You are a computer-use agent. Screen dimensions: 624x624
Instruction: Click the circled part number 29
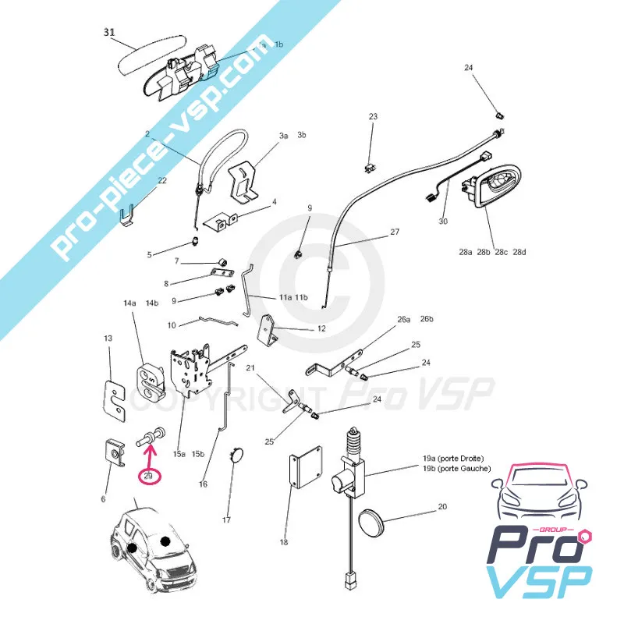pyautogui.click(x=148, y=476)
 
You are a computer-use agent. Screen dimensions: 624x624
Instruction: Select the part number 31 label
pyautogui.click(x=110, y=33)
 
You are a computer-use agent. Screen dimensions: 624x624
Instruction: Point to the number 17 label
pyautogui.click(x=227, y=519)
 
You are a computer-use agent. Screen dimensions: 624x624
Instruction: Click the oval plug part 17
pyautogui.click(x=236, y=456)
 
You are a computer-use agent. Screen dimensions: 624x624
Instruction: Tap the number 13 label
pyautogui.click(x=108, y=339)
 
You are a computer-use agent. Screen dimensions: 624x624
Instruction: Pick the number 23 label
pyautogui.click(x=373, y=117)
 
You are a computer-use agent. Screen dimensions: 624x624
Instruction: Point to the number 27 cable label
pyautogui.click(x=394, y=232)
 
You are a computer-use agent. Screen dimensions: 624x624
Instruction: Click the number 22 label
pyautogui.click(x=162, y=181)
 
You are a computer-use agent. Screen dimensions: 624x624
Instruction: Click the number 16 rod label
pyautogui.click(x=203, y=484)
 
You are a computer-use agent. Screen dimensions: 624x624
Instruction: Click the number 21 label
pyautogui.click(x=250, y=367)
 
